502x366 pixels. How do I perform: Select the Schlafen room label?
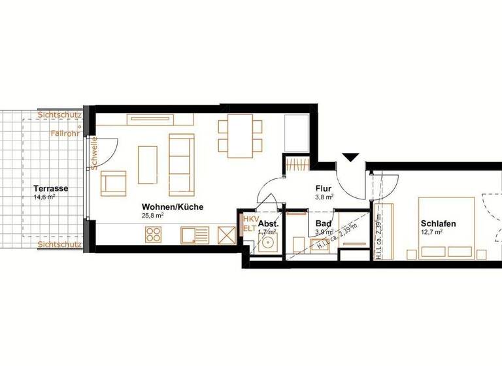click(438, 224)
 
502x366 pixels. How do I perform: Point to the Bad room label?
click(323, 224)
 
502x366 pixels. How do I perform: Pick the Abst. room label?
click(269, 223)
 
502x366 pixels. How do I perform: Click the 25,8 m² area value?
click(152, 215)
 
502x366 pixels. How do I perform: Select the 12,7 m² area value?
click(432, 231)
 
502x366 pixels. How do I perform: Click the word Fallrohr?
click(65, 133)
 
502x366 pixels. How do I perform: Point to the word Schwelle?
click(95, 153)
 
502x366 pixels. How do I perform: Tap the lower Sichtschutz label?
click(59, 244)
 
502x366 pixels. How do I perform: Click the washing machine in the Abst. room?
click(267, 244)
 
